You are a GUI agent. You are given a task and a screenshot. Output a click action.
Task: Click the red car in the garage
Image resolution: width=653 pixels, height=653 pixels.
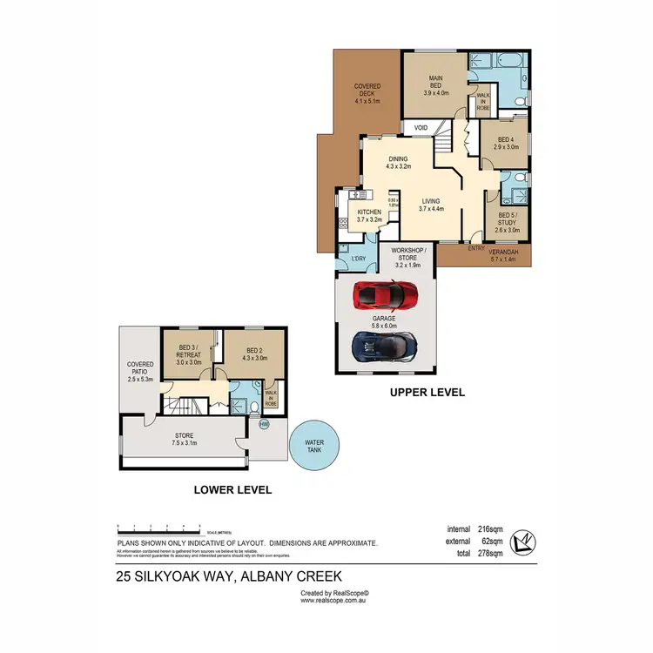(x=384, y=295)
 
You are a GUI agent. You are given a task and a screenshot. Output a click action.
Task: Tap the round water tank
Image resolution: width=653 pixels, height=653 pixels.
(x=314, y=448)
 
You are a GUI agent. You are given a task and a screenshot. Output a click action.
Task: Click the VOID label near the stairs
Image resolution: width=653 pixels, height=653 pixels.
(x=421, y=128)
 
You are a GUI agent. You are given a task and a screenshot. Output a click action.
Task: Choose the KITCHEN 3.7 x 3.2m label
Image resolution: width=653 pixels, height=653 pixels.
(x=369, y=216)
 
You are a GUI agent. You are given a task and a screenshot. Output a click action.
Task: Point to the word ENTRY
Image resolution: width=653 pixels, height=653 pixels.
(x=476, y=248)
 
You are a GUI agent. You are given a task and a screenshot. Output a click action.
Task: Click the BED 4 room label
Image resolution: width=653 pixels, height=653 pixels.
(x=507, y=144)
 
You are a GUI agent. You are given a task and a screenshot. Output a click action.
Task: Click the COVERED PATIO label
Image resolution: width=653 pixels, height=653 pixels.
(x=140, y=372)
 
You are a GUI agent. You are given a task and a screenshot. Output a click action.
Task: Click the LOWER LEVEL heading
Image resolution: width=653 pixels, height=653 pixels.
(x=232, y=490)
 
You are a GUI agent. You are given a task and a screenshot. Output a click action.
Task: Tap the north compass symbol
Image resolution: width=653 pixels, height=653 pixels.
(x=522, y=542)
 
